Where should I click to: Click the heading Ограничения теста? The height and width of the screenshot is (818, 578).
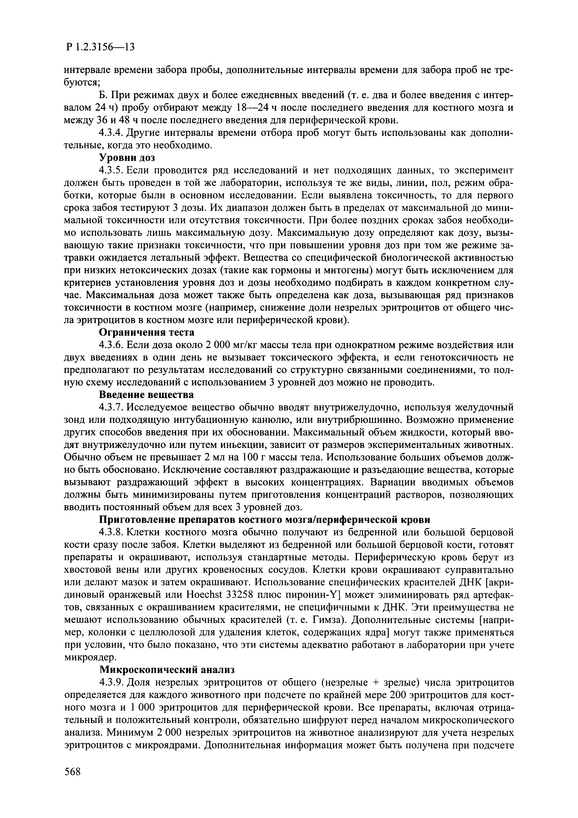click(x=146, y=332)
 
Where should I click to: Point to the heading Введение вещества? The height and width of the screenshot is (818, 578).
click(x=146, y=395)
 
